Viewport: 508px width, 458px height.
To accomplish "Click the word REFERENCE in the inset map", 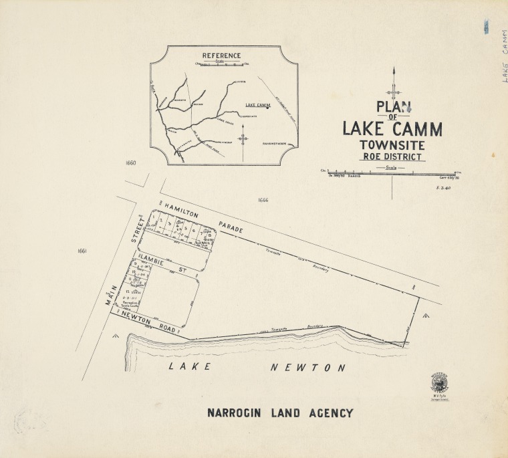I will tap(221, 55).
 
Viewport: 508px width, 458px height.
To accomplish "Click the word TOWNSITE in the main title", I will tap(392, 145).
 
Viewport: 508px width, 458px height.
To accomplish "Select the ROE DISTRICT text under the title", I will tap(392, 157).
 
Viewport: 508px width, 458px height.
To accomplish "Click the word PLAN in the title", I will tap(394, 107).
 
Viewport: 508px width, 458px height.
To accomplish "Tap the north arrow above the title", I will tap(395, 84).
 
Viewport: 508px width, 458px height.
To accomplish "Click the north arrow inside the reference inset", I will tap(243, 138).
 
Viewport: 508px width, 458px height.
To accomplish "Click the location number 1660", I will tap(130, 163).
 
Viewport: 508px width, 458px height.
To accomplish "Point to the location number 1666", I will tap(263, 200).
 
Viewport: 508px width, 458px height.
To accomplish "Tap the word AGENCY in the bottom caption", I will tap(330, 413).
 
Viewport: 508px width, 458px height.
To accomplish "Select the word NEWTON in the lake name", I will tap(308, 368).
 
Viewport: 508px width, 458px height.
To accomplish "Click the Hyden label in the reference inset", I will tap(242, 82).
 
